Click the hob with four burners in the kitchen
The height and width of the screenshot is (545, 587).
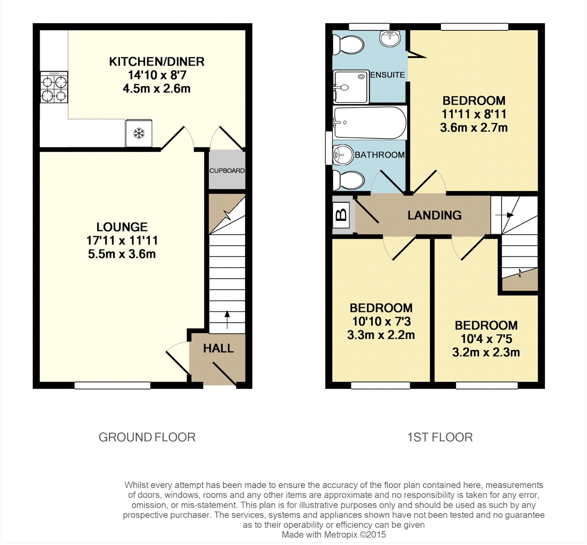[54, 87]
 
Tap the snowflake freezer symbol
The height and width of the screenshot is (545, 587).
[139, 134]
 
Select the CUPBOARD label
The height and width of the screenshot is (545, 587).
[227, 171]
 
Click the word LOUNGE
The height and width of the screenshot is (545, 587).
[122, 227]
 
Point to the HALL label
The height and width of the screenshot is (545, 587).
[218, 348]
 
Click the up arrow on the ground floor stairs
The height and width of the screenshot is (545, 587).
[227, 319]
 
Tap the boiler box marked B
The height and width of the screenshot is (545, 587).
[341, 215]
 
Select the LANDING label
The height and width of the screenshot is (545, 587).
[434, 215]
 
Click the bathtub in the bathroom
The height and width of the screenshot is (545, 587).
[370, 122]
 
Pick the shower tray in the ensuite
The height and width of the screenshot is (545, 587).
[350, 87]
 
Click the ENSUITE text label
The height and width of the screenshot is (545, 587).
[387, 75]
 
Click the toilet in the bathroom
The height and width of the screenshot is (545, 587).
[348, 180]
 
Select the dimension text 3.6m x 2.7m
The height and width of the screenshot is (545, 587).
[474, 128]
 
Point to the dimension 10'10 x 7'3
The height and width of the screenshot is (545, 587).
[381, 321]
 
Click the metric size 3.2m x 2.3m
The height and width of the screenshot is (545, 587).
[486, 353]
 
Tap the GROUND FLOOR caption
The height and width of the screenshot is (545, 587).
[147, 437]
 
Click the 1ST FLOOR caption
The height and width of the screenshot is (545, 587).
[440, 437]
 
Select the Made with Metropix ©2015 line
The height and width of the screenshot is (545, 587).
[333, 534]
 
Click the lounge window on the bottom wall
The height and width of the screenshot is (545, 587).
[112, 385]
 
